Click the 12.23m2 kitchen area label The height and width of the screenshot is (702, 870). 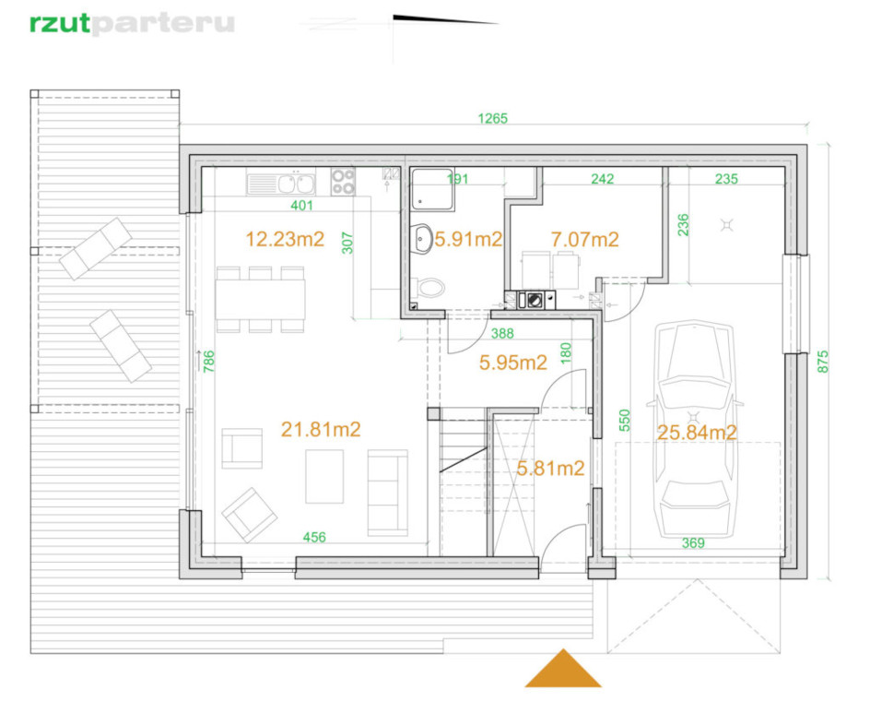[x=285, y=239]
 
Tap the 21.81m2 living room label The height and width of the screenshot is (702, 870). [x=321, y=429]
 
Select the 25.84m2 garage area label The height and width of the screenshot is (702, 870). [x=697, y=432]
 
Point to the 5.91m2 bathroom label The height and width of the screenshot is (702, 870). [x=468, y=239]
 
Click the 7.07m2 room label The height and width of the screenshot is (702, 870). [x=584, y=239]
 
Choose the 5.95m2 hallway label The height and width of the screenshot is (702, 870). [x=513, y=363]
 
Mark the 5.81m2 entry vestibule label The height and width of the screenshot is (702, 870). [x=550, y=469]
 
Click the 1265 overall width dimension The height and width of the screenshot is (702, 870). [x=493, y=118]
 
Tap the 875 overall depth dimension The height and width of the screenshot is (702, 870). [x=823, y=361]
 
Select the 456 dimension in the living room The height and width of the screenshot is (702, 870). [x=314, y=537]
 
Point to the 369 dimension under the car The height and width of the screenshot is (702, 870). [x=693, y=542]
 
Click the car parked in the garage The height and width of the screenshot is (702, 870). [x=694, y=429]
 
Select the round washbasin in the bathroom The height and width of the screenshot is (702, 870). [x=421, y=239]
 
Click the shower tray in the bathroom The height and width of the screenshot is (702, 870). [x=433, y=189]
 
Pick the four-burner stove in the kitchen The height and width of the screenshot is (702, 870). [x=343, y=181]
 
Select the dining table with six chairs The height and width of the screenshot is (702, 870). [x=260, y=300]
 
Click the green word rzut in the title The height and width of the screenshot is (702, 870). [x=59, y=24]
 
